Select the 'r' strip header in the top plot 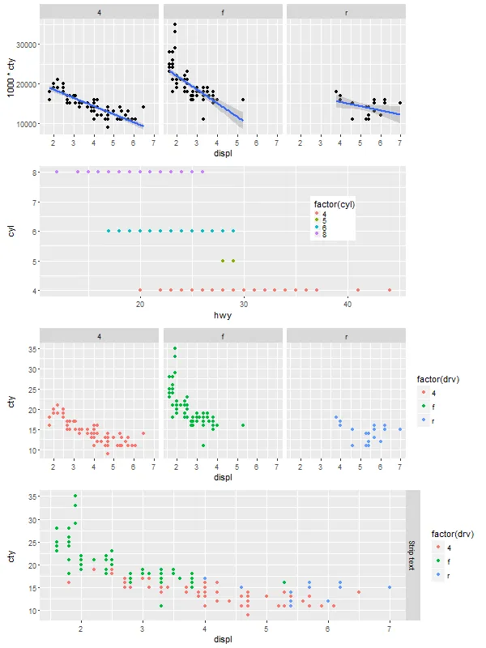tap(347, 13)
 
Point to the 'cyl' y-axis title tap(11, 232)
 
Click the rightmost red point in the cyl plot tap(390, 290)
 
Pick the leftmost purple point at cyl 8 tap(57, 172)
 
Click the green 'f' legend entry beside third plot tap(424, 407)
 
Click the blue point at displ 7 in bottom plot tap(390, 587)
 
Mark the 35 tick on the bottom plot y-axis tap(32, 496)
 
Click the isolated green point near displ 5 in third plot tap(243, 424)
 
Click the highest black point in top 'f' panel tap(175, 24)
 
